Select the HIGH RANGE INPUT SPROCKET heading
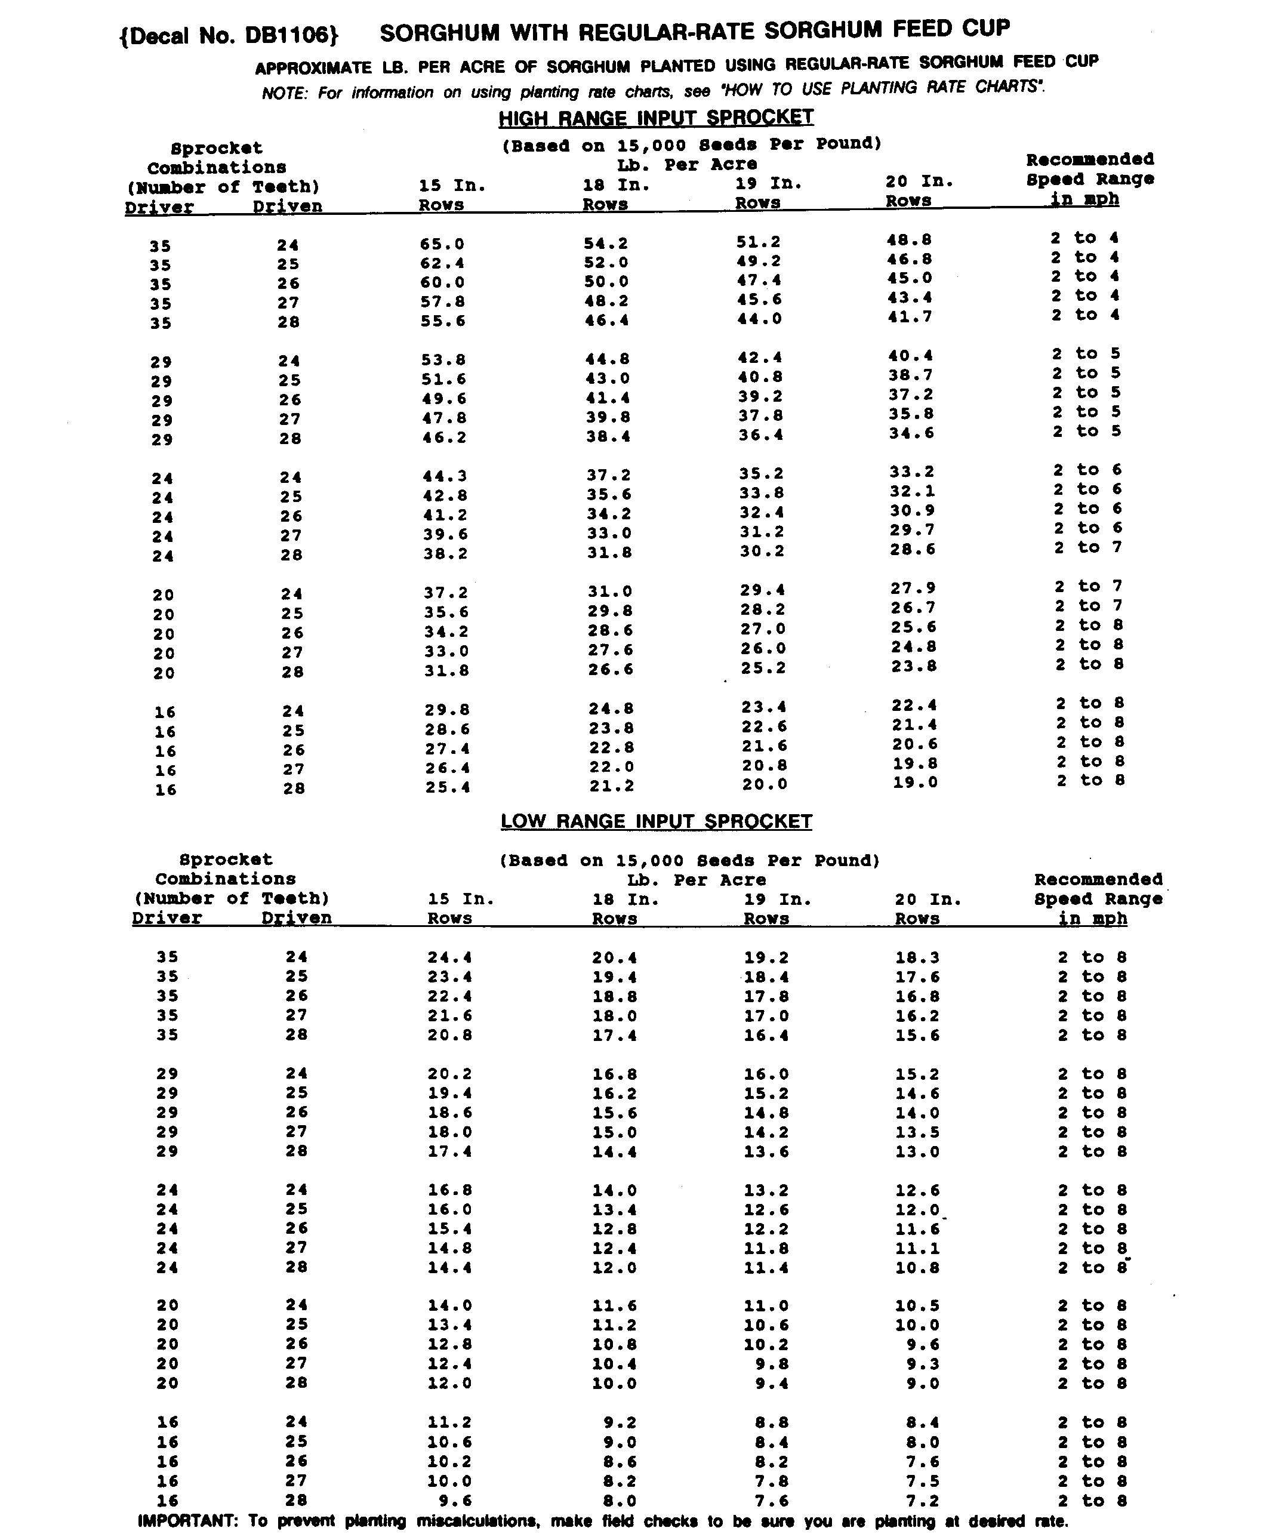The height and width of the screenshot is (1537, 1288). click(656, 117)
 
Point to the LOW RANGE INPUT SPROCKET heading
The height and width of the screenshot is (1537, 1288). click(656, 821)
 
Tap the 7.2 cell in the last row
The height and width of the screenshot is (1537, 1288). click(923, 1501)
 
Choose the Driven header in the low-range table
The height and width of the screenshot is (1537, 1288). click(297, 918)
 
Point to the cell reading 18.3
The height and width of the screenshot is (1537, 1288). click(917, 957)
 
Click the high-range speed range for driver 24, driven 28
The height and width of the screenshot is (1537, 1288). click(1087, 547)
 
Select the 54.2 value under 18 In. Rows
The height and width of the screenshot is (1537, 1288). click(606, 244)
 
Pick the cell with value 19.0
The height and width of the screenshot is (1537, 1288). click(914, 782)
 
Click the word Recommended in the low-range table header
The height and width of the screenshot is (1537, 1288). click(1098, 880)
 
